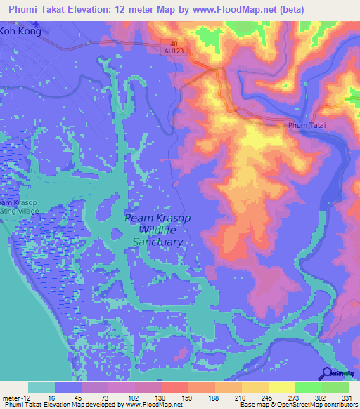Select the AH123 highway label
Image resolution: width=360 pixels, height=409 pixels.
174,51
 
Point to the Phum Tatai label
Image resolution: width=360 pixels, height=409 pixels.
307,125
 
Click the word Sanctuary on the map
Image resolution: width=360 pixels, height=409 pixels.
157,242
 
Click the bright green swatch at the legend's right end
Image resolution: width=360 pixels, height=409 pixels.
335,387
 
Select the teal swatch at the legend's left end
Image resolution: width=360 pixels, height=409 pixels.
41,387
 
